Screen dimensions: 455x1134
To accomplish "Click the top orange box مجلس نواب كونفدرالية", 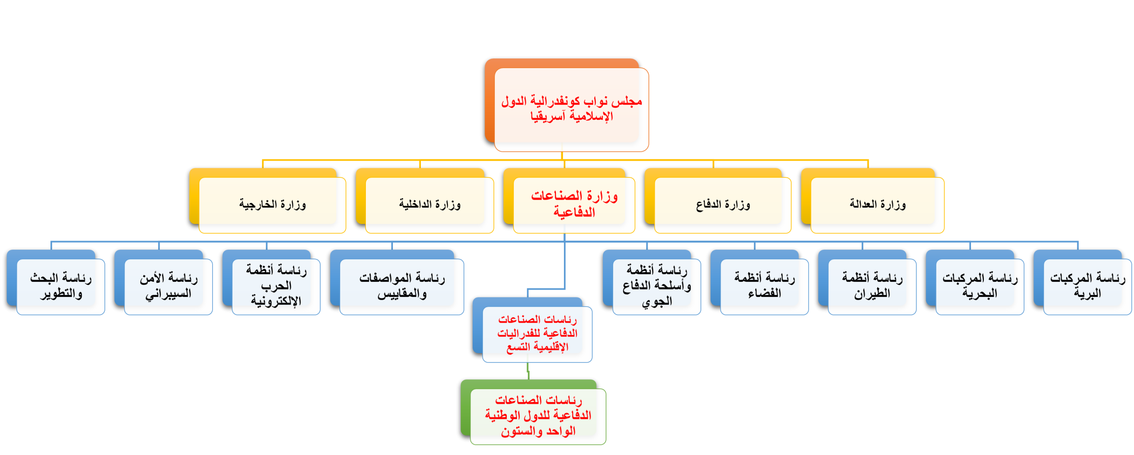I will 571,109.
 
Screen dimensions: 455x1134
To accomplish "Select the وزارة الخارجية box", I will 272,204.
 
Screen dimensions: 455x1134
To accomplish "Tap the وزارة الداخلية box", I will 429,204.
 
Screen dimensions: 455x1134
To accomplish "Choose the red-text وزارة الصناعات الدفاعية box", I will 574,204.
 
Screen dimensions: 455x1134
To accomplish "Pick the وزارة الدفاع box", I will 722,204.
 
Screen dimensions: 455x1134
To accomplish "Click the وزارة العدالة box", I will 877,204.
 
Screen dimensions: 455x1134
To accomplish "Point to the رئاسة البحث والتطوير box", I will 61,286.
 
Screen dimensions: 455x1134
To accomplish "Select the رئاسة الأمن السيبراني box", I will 168,286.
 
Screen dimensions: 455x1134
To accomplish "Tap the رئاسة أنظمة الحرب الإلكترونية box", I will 276,285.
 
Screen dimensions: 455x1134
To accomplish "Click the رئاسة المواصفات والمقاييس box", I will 402,286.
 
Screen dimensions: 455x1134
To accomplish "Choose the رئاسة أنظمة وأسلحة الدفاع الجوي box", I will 656,286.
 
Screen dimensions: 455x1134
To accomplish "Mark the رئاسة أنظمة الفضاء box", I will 764,286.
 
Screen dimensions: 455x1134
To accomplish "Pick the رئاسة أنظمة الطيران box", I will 872,286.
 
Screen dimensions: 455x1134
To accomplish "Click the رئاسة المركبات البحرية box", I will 979,286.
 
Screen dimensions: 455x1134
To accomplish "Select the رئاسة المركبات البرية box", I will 1087,286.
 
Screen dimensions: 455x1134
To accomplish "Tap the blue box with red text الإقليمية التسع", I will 537,333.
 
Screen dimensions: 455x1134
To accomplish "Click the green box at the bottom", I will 538,416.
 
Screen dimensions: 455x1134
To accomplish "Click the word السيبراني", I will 168,294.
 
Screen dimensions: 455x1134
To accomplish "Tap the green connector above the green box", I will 528,371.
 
